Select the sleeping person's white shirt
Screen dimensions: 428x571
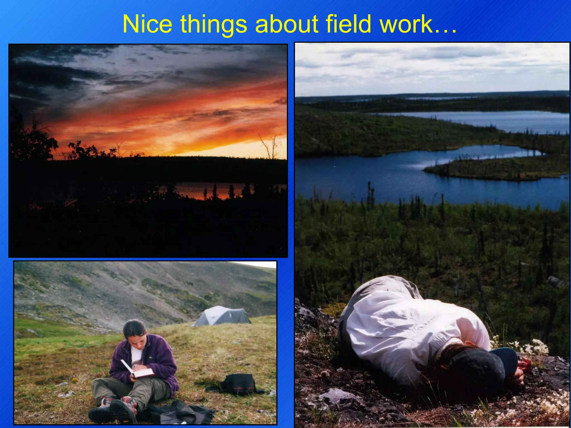(x=404, y=329)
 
